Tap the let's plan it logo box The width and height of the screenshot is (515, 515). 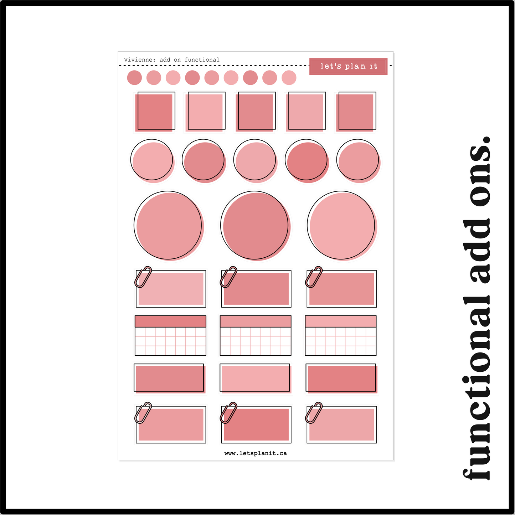pyautogui.click(x=348, y=66)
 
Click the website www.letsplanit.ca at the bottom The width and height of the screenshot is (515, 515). pyautogui.click(x=256, y=453)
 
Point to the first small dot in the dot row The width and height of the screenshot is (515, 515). pyautogui.click(x=134, y=78)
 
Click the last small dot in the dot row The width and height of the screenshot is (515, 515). pyautogui.click(x=289, y=78)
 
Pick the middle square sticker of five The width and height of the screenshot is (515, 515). pyautogui.click(x=256, y=112)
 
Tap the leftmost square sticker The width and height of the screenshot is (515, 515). pyautogui.click(x=155, y=112)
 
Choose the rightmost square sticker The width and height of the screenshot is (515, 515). pyautogui.click(x=356, y=112)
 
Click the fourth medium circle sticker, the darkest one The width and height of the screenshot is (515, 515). pyautogui.click(x=307, y=161)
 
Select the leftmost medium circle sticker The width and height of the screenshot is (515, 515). pyautogui.click(x=152, y=161)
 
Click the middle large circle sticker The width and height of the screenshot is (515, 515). pyautogui.click(x=256, y=226)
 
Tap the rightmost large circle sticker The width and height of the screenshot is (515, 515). pyautogui.click(x=342, y=226)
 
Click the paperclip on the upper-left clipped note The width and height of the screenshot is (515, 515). pyautogui.click(x=143, y=277)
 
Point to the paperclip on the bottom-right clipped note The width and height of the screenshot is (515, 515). pyautogui.click(x=314, y=413)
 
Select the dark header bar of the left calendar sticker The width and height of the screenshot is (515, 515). pyautogui.click(x=170, y=321)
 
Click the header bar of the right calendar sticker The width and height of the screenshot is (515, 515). pyautogui.click(x=341, y=321)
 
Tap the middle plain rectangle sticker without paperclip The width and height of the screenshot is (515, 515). pyautogui.click(x=256, y=378)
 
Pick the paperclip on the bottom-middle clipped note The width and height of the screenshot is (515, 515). pyautogui.click(x=228, y=413)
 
